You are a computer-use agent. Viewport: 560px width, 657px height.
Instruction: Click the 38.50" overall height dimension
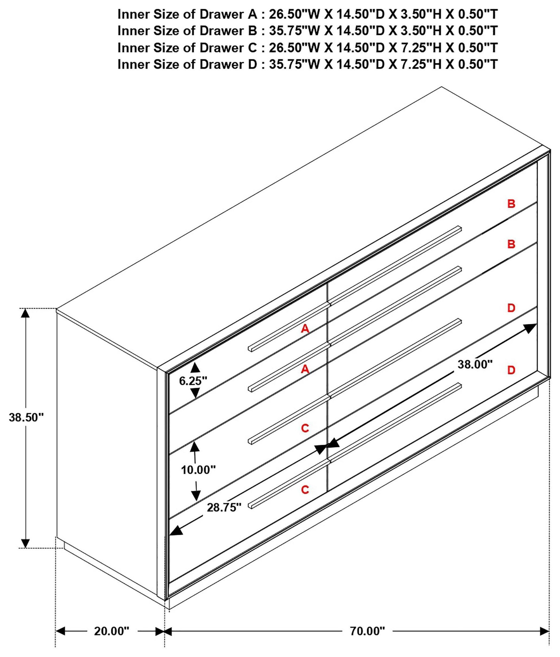click(x=26, y=417)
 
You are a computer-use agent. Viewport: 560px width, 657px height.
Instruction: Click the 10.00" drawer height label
click(x=198, y=470)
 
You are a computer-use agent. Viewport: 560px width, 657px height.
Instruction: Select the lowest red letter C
click(x=305, y=490)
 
